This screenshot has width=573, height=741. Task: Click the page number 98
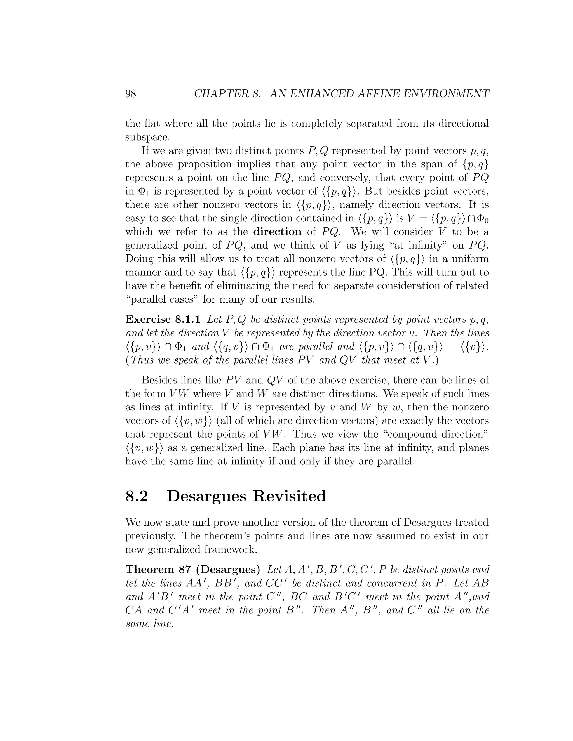point(131,93)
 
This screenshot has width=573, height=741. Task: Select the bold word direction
point(277,232)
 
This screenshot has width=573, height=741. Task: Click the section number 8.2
point(137,496)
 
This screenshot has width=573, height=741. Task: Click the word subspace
point(147,137)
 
